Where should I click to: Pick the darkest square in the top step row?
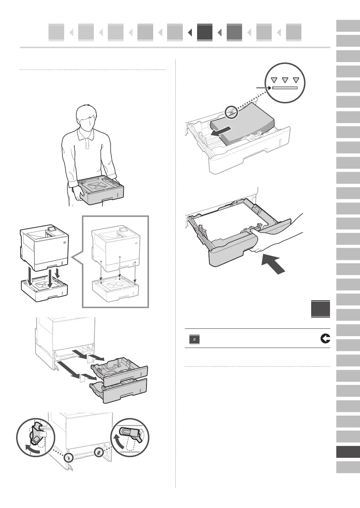(204, 32)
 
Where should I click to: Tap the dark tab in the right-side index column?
(348, 452)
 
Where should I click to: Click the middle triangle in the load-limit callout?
(285, 80)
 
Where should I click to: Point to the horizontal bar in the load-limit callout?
(285, 88)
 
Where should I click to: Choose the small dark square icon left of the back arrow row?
(194, 339)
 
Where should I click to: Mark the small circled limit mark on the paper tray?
(231, 112)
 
